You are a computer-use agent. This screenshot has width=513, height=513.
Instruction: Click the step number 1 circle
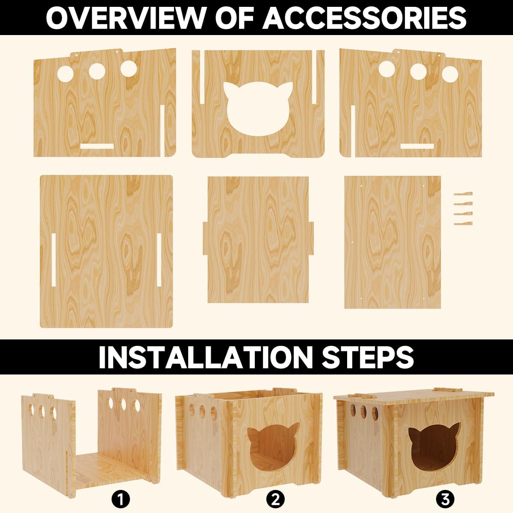coord(121,498)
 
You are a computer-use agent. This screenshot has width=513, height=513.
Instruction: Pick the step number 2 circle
coord(275,498)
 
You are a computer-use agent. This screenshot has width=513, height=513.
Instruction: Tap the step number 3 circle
coord(445,498)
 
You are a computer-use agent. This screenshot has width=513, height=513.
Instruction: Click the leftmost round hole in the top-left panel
coord(66,73)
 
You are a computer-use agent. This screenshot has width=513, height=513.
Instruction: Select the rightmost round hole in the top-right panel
coord(450,74)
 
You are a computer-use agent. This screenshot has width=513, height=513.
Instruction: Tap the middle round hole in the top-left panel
coord(97,71)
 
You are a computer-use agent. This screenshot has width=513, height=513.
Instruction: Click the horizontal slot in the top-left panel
coord(97,146)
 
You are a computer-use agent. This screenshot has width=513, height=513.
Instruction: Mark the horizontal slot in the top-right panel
coord(417,146)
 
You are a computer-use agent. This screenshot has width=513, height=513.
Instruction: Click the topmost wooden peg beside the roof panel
coord(463,194)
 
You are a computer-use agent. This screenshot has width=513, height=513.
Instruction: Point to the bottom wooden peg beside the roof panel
coord(463,223)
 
